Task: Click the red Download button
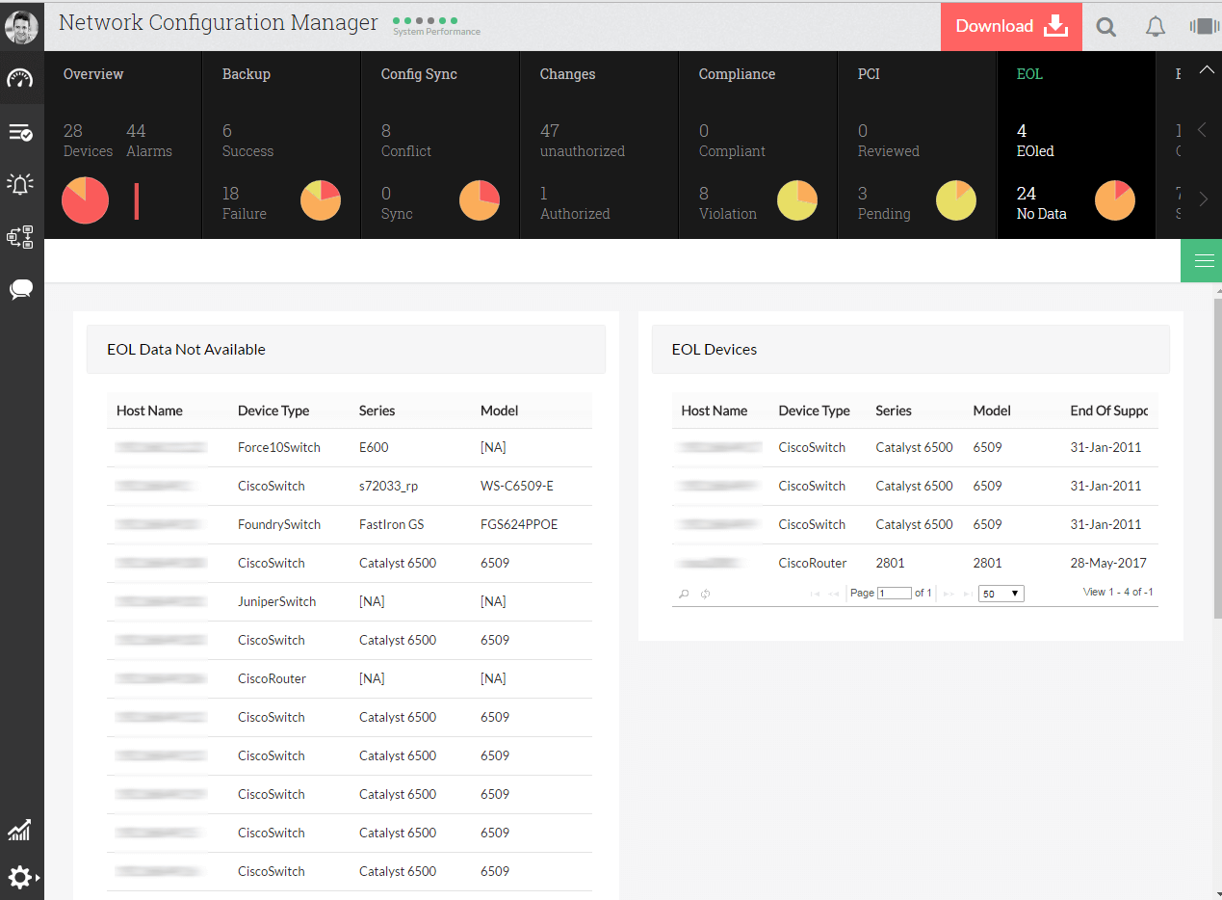pyautogui.click(x=1011, y=27)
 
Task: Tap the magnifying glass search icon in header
pyautogui.click(x=1106, y=27)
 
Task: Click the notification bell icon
pyautogui.click(x=1156, y=27)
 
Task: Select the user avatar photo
pyautogui.click(x=21, y=26)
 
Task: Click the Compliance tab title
pyautogui.click(x=737, y=74)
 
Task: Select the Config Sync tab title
pyautogui.click(x=419, y=74)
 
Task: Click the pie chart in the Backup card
pyautogui.click(x=321, y=200)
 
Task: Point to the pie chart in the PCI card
pyautogui.click(x=956, y=200)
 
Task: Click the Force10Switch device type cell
pyautogui.click(x=279, y=447)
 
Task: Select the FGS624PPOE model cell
pyautogui.click(x=519, y=524)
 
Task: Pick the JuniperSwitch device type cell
pyautogui.click(x=277, y=601)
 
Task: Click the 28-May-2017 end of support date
pyautogui.click(x=1108, y=563)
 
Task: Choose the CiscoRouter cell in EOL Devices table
pyautogui.click(x=813, y=563)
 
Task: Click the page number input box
pyautogui.click(x=895, y=594)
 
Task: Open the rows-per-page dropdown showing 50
pyautogui.click(x=1001, y=594)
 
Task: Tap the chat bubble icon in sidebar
pyautogui.click(x=21, y=289)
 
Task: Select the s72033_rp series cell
pyautogui.click(x=389, y=486)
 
